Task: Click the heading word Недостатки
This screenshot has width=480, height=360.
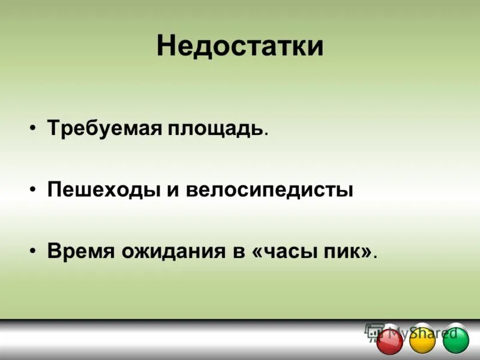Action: [x=240, y=46]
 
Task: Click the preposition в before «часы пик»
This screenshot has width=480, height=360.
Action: [x=237, y=251]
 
